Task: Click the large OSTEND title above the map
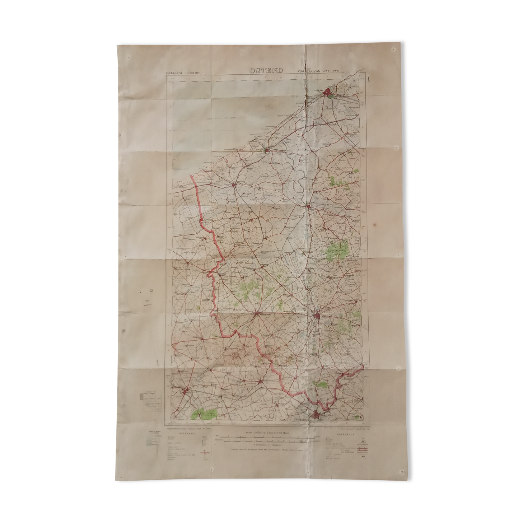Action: (x=266, y=70)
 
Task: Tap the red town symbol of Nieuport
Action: (x=267, y=150)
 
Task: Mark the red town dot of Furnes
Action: (x=234, y=186)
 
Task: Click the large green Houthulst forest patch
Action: (x=337, y=249)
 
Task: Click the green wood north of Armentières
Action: (x=320, y=384)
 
